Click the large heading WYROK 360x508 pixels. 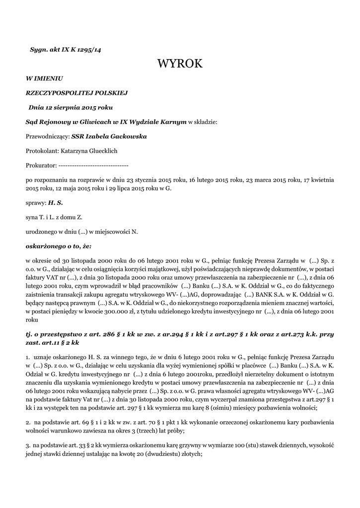180,63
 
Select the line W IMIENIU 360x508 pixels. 45,78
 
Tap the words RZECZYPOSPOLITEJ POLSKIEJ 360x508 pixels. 77,93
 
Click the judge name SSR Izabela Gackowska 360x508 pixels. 109,136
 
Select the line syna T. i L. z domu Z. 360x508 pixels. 54,217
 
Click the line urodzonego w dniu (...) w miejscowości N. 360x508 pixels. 81,232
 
